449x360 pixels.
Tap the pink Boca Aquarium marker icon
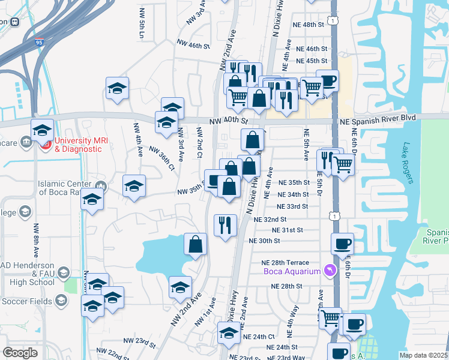(329, 272)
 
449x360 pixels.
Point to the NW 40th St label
(229, 121)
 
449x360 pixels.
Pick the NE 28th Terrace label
(285, 263)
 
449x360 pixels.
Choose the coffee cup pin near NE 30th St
(342, 244)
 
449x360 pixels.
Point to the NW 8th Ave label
(37, 240)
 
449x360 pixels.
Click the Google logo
(20, 353)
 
